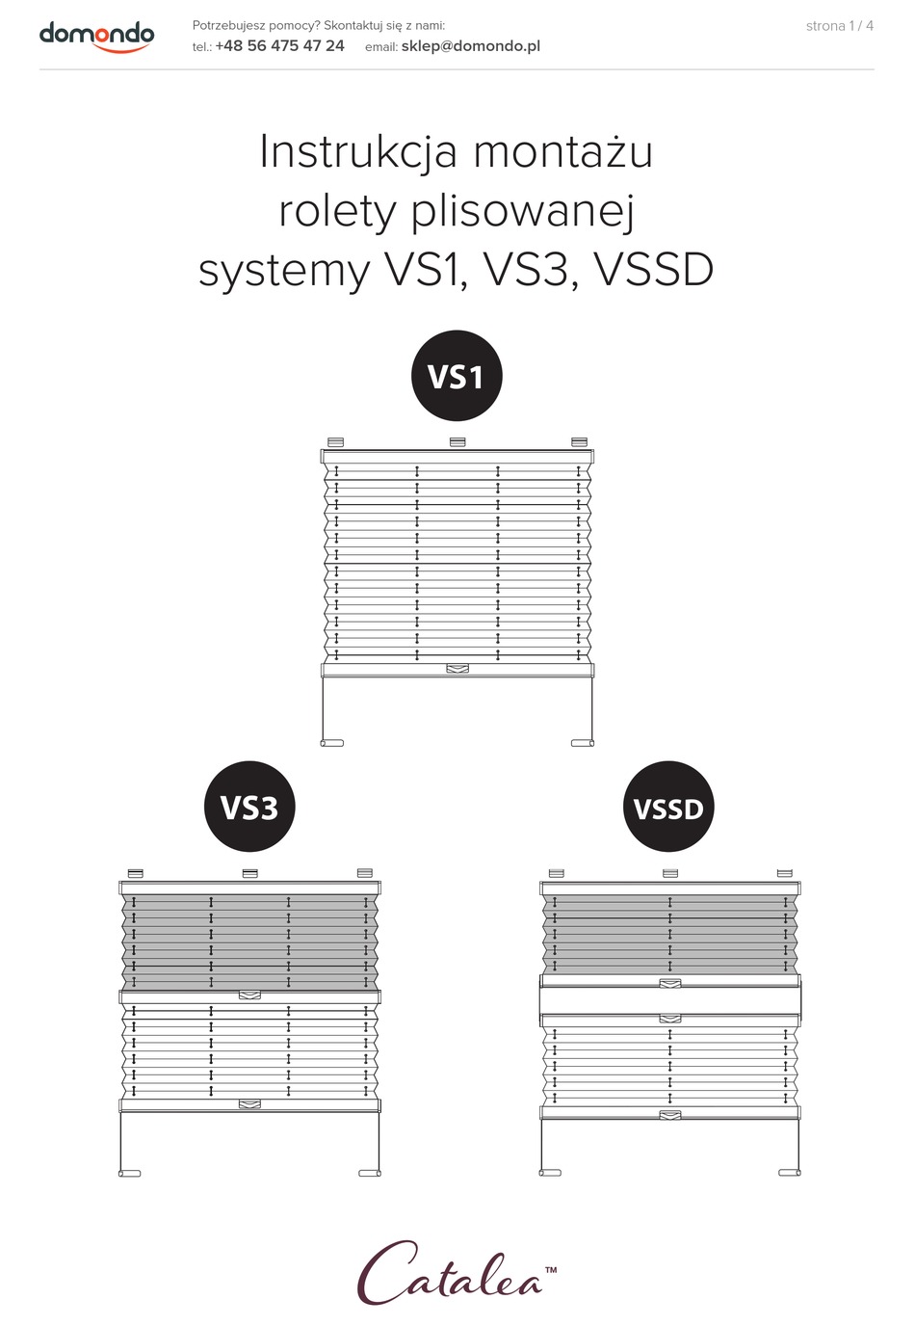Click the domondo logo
coord(96,37)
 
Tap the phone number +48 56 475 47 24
coord(279,46)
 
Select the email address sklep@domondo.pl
coord(471,46)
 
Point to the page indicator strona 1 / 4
coord(839,26)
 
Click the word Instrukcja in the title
coord(358,152)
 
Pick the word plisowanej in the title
coord(523,211)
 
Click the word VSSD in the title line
coord(653,270)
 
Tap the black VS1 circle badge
coord(457,376)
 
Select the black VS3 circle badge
coord(249,807)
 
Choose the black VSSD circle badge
coord(669,807)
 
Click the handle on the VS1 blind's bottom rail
coord(457,669)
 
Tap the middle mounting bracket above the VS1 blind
coord(457,442)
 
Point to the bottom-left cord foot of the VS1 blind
coord(332,743)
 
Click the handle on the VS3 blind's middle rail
coord(249,995)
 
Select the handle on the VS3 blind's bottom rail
coord(249,1104)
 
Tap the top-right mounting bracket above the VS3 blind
coord(365,872)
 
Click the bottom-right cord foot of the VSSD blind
coord(790,1173)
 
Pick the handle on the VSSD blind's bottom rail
coord(669,1115)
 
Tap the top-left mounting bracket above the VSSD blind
coord(557,872)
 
